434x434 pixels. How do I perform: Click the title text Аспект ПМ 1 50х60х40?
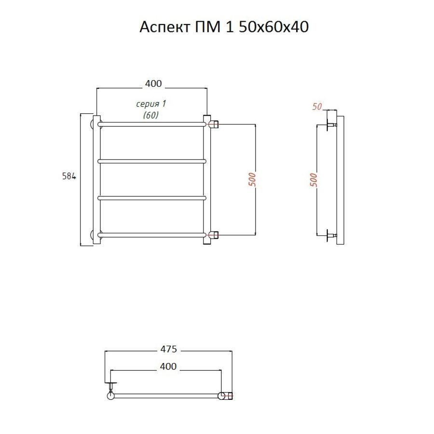(224, 27)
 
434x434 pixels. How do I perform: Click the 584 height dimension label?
(69, 176)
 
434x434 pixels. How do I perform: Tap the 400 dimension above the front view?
(153, 83)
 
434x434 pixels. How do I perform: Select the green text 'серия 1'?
(151, 104)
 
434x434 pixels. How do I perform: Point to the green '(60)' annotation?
(151, 115)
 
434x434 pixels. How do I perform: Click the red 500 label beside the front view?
(252, 179)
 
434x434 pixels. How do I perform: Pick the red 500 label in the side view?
(313, 180)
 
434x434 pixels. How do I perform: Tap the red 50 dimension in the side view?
(317, 107)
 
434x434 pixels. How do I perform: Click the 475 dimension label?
(169, 349)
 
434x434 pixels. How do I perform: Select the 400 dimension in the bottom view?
(168, 366)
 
